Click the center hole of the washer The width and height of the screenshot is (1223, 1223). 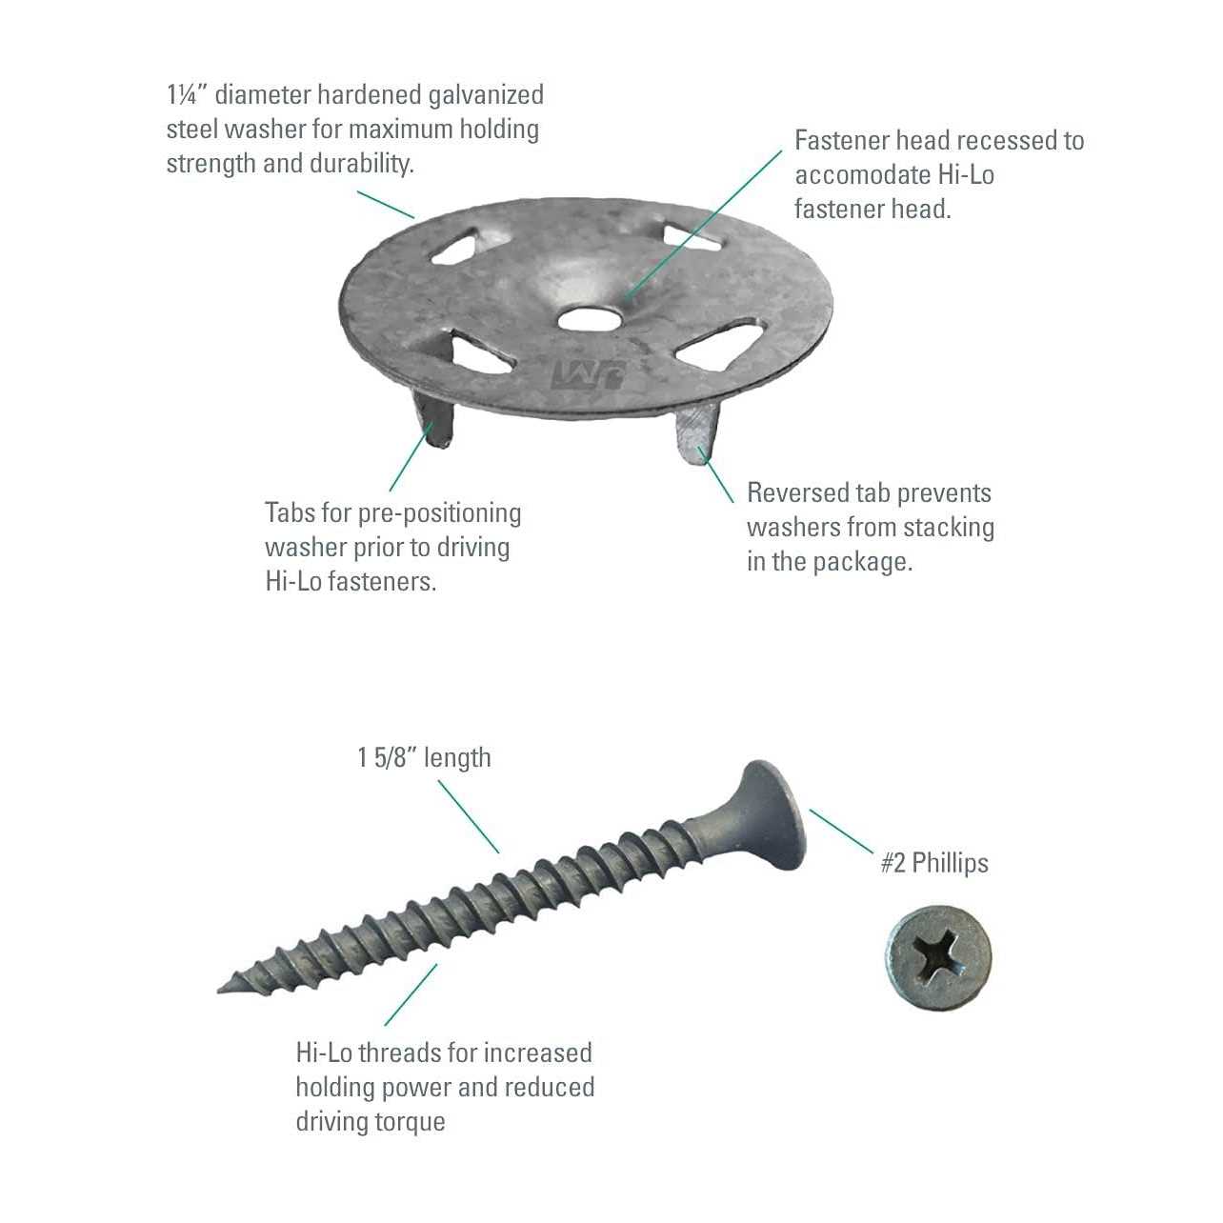(x=589, y=318)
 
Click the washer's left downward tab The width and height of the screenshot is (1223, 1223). (x=432, y=420)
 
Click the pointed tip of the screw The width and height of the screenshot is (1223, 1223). (x=221, y=989)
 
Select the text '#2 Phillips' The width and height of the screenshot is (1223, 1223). (x=934, y=863)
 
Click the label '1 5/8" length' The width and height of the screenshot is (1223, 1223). (x=424, y=758)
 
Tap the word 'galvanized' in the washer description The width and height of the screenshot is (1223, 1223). (x=486, y=95)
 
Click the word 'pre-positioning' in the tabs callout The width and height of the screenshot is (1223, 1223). (x=439, y=513)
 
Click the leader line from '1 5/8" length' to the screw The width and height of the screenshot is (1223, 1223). (x=469, y=817)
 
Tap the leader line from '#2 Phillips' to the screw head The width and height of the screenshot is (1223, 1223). (x=842, y=832)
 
